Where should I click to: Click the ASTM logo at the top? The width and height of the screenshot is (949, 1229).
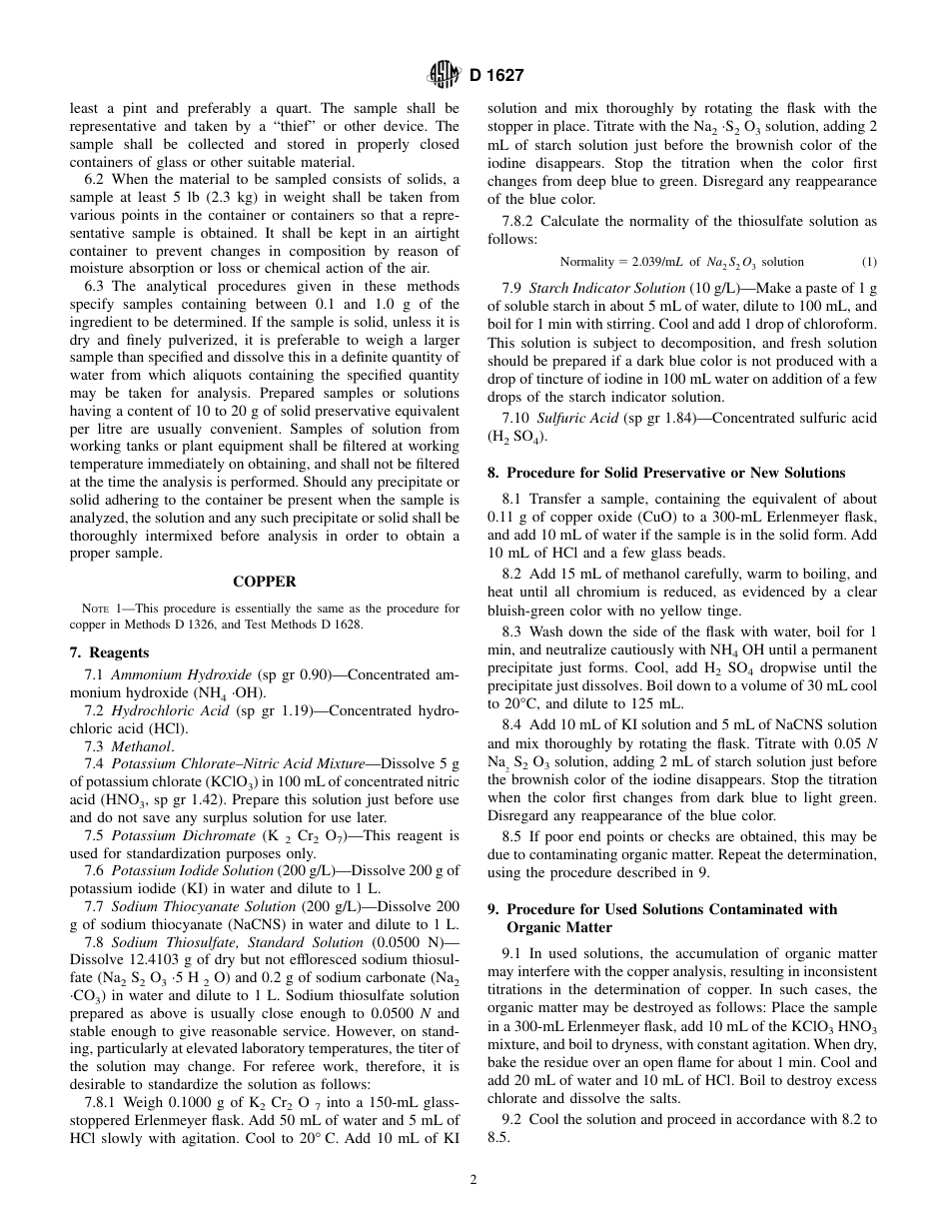click(442, 74)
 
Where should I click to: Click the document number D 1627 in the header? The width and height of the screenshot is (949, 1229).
click(495, 75)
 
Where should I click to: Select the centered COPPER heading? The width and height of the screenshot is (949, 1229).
click(264, 582)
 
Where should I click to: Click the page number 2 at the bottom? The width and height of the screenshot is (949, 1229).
click(474, 1179)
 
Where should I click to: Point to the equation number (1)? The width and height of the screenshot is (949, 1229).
click(868, 262)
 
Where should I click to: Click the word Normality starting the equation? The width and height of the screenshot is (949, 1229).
click(587, 262)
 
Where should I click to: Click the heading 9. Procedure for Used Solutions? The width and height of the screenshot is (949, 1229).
click(671, 909)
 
